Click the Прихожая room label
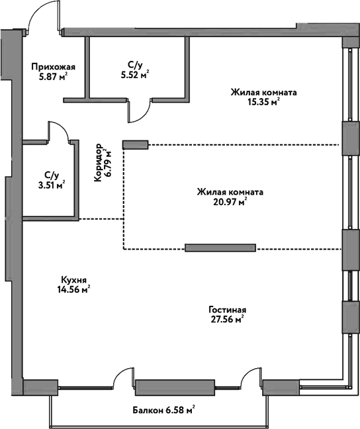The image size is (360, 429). tap(54, 66)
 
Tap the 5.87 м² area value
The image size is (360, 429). tap(54, 76)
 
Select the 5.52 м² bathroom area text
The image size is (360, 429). tap(135, 74)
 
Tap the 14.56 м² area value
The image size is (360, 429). tap(73, 289)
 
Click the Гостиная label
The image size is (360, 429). tap(226, 309)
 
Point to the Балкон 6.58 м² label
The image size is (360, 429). tap(163, 410)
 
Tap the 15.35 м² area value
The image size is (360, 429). tap(263, 102)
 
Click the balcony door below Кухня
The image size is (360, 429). tap(124, 379)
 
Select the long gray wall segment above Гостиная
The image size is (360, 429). tap(220, 248)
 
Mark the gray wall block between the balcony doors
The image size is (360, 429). tap(165, 386)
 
